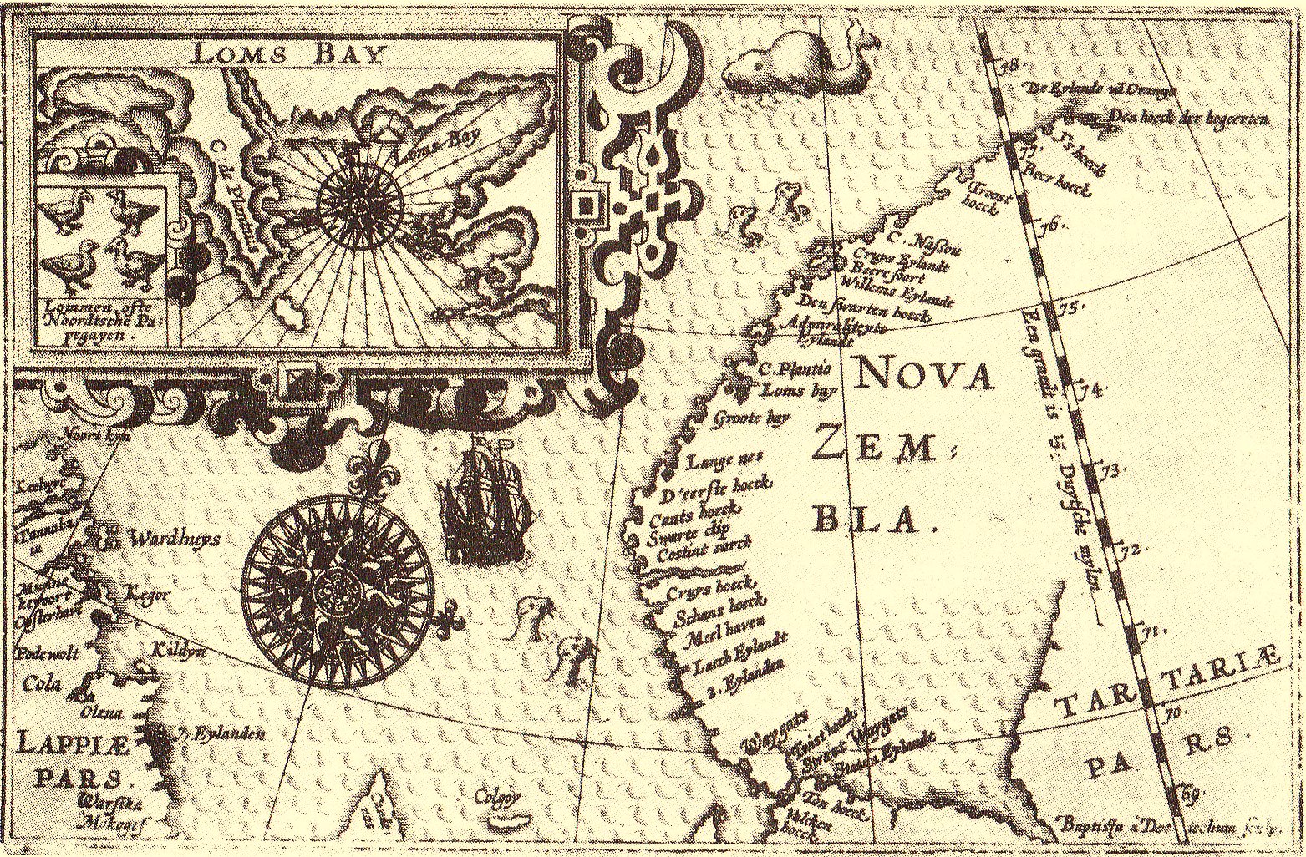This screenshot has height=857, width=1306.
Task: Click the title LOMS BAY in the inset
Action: pos(288,54)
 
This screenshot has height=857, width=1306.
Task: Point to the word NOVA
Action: pos(924,377)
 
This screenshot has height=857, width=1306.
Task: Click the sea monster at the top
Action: pos(777,67)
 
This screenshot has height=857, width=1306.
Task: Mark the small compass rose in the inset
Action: pos(360,203)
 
